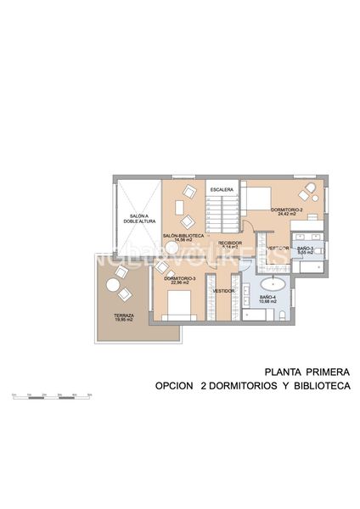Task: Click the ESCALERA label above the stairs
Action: tap(223, 189)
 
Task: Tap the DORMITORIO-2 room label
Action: tap(283, 210)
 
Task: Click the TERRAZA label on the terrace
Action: tap(125, 316)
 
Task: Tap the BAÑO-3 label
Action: tap(306, 248)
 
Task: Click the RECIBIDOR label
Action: tap(229, 243)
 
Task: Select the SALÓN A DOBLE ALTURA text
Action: tap(139, 219)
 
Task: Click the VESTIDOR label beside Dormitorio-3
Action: tap(223, 290)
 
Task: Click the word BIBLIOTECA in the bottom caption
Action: tap(321, 386)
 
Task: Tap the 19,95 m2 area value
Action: tap(125, 322)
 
